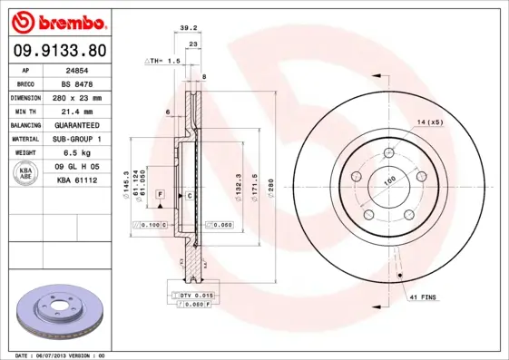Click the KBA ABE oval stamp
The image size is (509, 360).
click(x=26, y=174)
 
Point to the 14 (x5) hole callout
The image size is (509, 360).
click(x=430, y=122)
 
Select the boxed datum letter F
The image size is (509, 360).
click(x=160, y=195)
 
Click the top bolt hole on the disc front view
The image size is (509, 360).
click(x=387, y=151)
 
